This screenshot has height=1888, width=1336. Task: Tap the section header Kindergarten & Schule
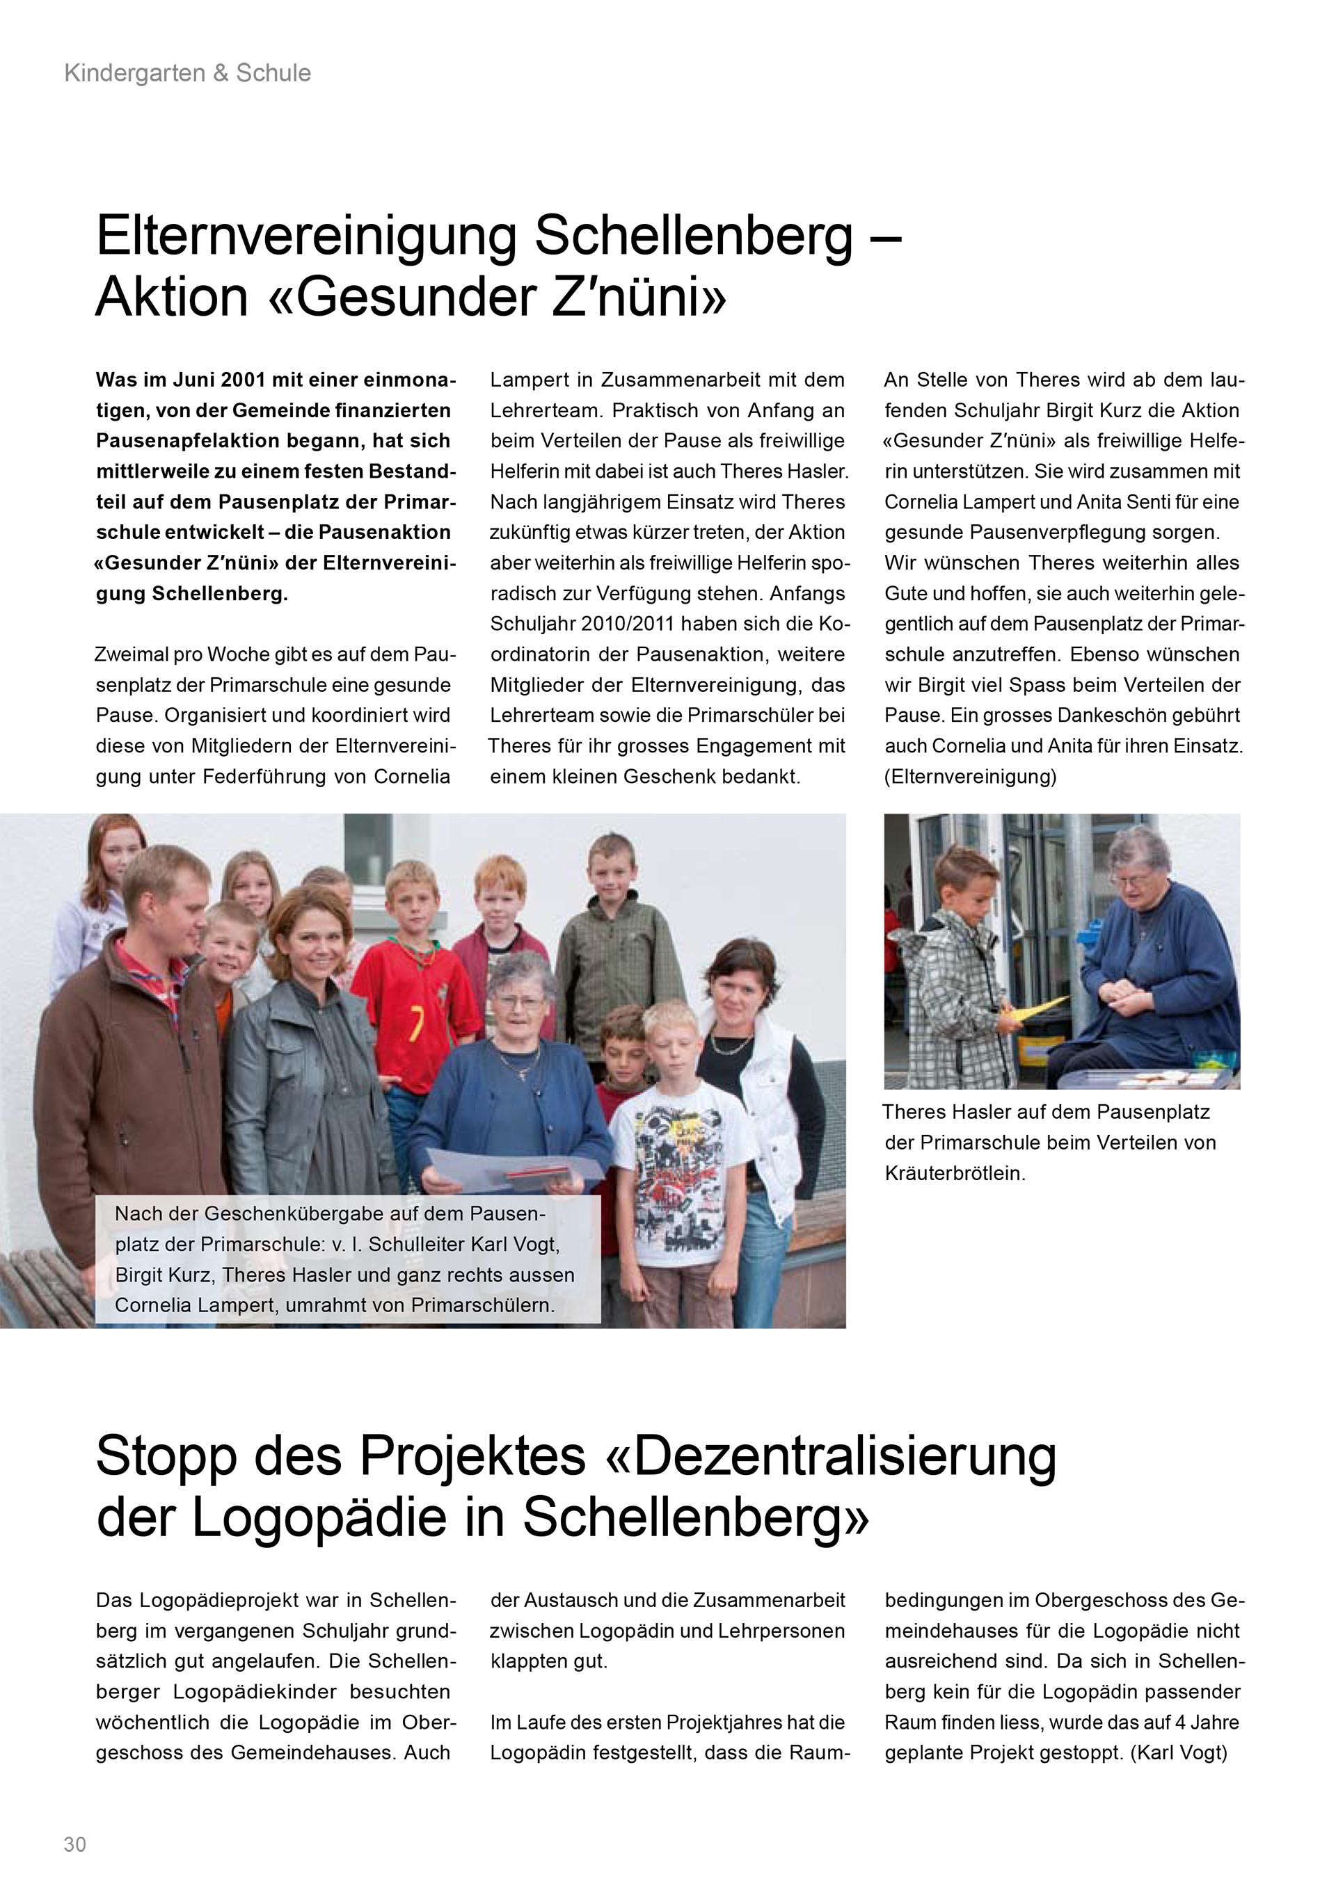(x=188, y=73)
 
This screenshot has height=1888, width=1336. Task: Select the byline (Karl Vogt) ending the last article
(x=1179, y=1752)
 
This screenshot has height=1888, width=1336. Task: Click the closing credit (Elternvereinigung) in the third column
(x=970, y=776)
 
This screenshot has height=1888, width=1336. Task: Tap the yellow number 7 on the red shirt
(x=420, y=1024)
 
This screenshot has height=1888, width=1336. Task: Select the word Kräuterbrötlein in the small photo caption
(x=954, y=1173)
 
